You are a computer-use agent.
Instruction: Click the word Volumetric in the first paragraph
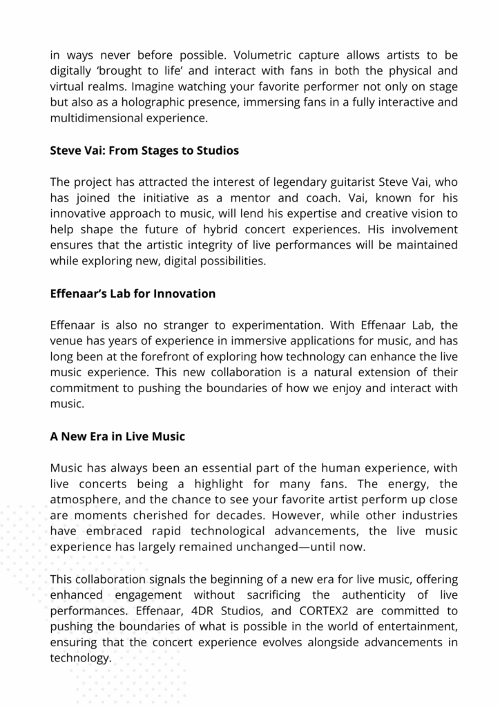coord(265,55)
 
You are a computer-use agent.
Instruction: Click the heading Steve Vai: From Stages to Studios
coord(144,150)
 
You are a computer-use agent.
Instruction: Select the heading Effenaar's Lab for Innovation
coord(133,293)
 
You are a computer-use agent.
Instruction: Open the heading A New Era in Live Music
coord(117,436)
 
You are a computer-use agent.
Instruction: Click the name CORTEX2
coord(326,611)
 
